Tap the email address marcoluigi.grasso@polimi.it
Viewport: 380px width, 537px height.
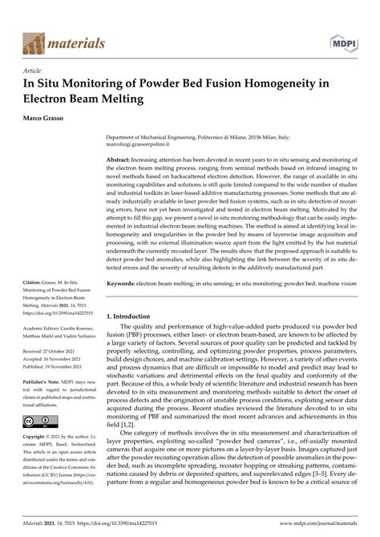pyautogui.click(x=161, y=146)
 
